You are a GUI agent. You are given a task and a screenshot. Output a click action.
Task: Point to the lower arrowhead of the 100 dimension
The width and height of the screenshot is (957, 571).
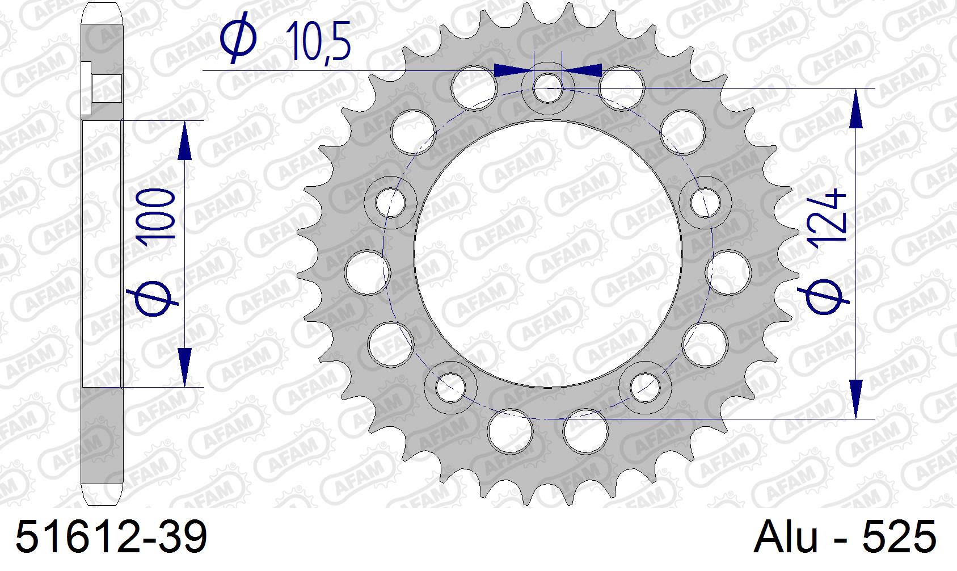click(x=184, y=367)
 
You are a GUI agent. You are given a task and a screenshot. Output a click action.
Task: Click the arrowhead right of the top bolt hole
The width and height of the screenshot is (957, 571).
click(x=583, y=70)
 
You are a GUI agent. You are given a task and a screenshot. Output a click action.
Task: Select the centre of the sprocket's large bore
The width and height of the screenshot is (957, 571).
click(x=548, y=254)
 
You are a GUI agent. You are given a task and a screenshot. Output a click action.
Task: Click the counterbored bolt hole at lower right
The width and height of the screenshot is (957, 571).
click(x=646, y=386)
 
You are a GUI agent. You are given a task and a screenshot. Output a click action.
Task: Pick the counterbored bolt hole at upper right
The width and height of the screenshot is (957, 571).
click(x=705, y=201)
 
